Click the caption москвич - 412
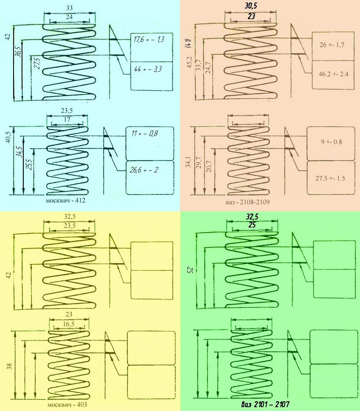tap(66, 200)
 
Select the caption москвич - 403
tap(67, 405)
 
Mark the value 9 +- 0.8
tap(330, 142)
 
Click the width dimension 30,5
tap(251, 6)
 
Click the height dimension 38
tap(8, 365)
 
